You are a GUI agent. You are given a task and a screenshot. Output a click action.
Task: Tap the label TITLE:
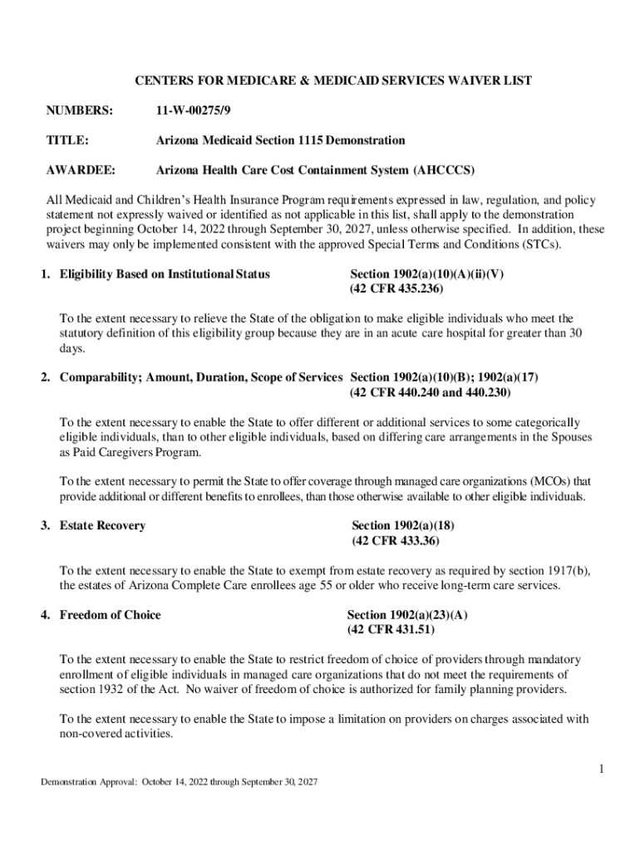tap(66, 140)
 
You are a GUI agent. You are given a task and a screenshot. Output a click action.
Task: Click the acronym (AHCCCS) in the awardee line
tap(444, 170)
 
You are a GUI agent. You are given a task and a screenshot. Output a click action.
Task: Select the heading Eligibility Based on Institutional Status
tap(165, 273)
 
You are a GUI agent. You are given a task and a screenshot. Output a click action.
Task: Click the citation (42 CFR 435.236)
tap(396, 288)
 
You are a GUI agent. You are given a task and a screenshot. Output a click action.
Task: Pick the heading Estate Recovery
tap(102, 525)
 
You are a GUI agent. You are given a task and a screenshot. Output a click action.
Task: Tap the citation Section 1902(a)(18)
tap(403, 525)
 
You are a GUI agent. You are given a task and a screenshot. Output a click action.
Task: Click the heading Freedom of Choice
tap(110, 615)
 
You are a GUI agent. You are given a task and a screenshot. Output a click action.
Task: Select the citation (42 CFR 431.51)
tap(391, 630)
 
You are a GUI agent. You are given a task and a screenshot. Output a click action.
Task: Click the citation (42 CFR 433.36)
tap(396, 540)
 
